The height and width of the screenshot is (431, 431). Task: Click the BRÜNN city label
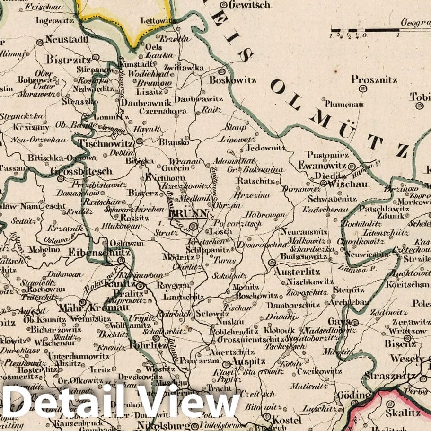point(187,214)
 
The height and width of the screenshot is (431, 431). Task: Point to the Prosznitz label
point(374,80)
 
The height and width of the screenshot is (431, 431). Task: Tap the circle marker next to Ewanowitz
point(352,167)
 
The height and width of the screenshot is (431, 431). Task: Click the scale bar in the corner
point(364,31)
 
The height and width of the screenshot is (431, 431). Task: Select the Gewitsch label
point(249,5)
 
